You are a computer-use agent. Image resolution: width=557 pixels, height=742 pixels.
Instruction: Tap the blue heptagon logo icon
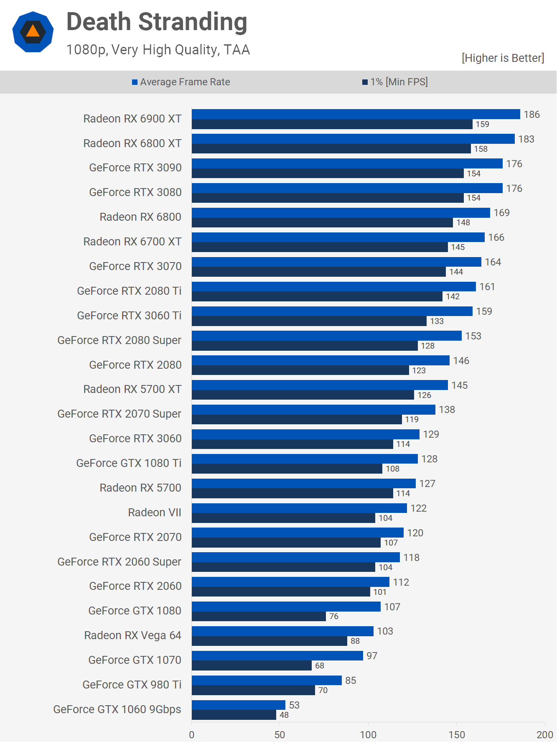coord(33,32)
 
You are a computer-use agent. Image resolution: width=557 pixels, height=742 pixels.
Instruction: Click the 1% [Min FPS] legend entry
coord(395,82)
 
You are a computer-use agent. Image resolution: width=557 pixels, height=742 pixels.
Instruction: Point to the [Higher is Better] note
coord(503,58)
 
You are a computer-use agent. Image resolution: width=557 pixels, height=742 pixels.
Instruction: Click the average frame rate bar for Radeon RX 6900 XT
coord(356,114)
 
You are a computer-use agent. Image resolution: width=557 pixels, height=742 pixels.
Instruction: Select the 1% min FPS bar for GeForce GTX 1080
coord(259,617)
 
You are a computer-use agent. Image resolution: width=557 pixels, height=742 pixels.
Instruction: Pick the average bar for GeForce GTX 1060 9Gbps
coord(238,705)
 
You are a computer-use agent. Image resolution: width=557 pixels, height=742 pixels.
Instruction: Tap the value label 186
coord(532,115)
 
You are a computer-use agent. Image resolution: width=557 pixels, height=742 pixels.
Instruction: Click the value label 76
coord(334,617)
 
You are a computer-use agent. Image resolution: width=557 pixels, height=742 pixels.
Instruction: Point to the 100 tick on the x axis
coord(368,734)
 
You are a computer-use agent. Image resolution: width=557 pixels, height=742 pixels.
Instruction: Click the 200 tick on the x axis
coord(545,734)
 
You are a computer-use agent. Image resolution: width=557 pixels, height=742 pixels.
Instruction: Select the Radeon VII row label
coord(155,513)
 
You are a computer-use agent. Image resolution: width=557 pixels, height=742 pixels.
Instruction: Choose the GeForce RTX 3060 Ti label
coord(129,316)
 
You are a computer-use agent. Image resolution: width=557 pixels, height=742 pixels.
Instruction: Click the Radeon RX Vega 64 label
coord(132,635)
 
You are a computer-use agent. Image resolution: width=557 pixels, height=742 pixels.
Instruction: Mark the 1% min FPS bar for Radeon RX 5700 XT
coord(303,395)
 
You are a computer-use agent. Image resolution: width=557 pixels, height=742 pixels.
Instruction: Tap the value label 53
coord(294,705)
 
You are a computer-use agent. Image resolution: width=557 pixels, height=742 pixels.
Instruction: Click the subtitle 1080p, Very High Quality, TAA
coord(158,50)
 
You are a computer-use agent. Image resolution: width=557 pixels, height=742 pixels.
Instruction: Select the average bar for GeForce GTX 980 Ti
coord(267,681)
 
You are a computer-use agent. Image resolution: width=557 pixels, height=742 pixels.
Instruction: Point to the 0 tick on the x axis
coord(192,734)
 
